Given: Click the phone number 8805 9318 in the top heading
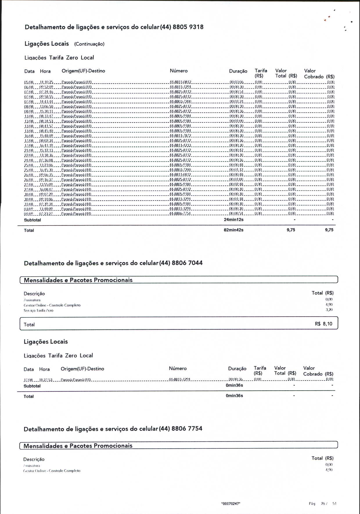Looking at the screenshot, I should (x=188, y=27).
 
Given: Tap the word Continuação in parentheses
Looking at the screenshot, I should (x=89, y=44).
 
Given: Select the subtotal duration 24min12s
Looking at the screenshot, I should (x=233, y=220).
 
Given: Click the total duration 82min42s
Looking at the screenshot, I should (x=233, y=230).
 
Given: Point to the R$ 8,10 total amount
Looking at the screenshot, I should (x=323, y=324).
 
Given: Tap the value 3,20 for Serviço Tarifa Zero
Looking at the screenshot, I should (x=329, y=310).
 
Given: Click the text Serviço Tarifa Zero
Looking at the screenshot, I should (x=39, y=310).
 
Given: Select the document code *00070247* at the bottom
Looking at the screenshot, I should (x=231, y=504).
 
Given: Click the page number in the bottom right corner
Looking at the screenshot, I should (x=323, y=504).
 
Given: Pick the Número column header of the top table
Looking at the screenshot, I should (x=179, y=71).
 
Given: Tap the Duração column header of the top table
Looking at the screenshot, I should (x=238, y=71).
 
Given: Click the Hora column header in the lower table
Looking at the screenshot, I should (x=44, y=369).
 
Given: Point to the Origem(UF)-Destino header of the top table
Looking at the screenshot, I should (x=83, y=71).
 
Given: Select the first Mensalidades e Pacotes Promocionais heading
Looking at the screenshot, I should (x=78, y=280).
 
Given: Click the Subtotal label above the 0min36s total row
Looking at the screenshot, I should (x=32, y=386).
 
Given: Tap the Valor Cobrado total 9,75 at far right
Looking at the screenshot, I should (x=329, y=230).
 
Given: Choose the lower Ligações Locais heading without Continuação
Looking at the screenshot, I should (x=46, y=342).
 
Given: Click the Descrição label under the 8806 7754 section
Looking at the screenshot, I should (x=34, y=459).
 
